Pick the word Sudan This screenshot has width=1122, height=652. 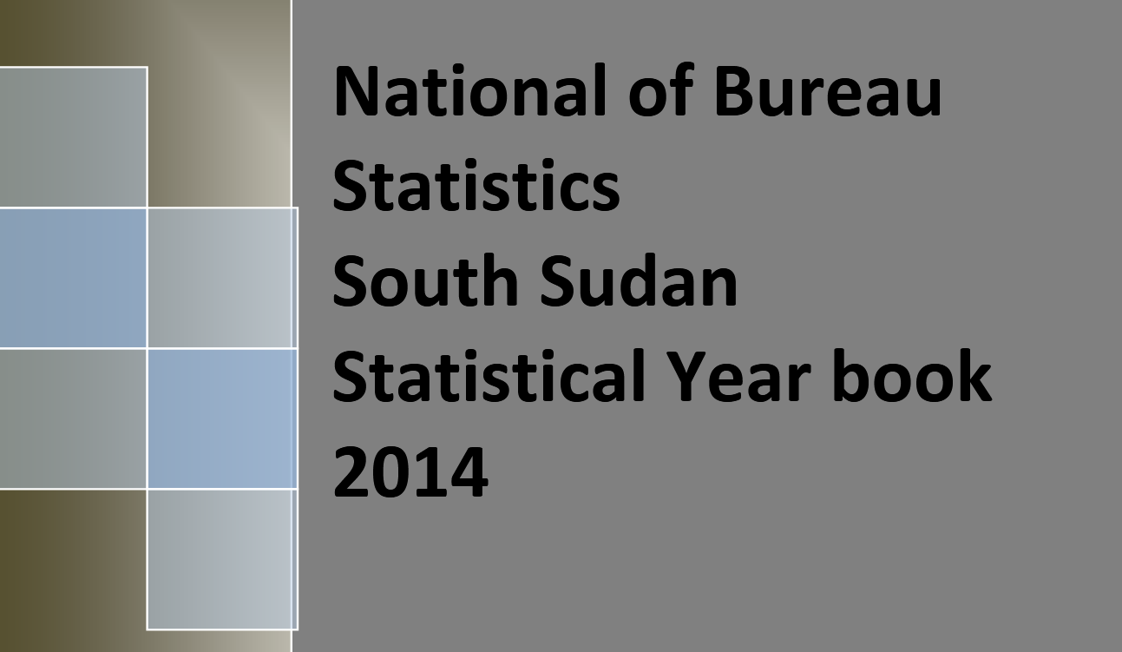click(x=639, y=281)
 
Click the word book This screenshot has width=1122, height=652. click(x=911, y=377)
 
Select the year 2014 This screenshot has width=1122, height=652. click(x=410, y=472)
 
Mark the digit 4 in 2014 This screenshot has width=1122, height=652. click(x=469, y=472)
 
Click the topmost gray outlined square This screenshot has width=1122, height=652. click(x=73, y=136)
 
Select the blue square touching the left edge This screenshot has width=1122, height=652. click(x=73, y=278)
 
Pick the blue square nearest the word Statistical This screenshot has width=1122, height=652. click(x=221, y=418)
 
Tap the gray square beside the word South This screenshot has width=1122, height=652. click(x=221, y=278)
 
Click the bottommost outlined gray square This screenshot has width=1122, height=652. click(x=221, y=559)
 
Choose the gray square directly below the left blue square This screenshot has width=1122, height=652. click(x=73, y=418)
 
